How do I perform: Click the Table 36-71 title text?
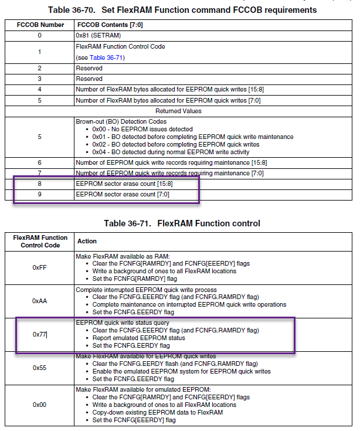tap(182, 223)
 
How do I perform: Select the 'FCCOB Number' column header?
tap(39, 25)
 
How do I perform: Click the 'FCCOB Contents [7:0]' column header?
tap(110, 25)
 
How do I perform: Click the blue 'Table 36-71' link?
tap(107, 57)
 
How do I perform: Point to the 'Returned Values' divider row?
tap(178, 110)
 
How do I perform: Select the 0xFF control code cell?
tap(39, 267)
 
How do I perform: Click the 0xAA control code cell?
tap(39, 300)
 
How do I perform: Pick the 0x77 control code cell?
tap(39, 335)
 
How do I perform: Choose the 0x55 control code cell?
tap(39, 368)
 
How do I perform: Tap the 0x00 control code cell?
tap(39, 405)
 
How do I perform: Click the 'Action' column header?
tap(87, 241)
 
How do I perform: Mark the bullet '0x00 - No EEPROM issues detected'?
tap(142, 129)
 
